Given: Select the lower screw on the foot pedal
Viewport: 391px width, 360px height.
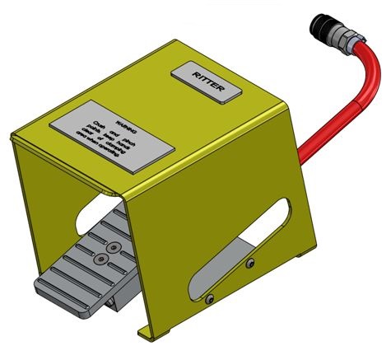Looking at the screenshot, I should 100,258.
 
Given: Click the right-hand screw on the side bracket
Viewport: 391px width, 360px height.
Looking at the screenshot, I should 250,264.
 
